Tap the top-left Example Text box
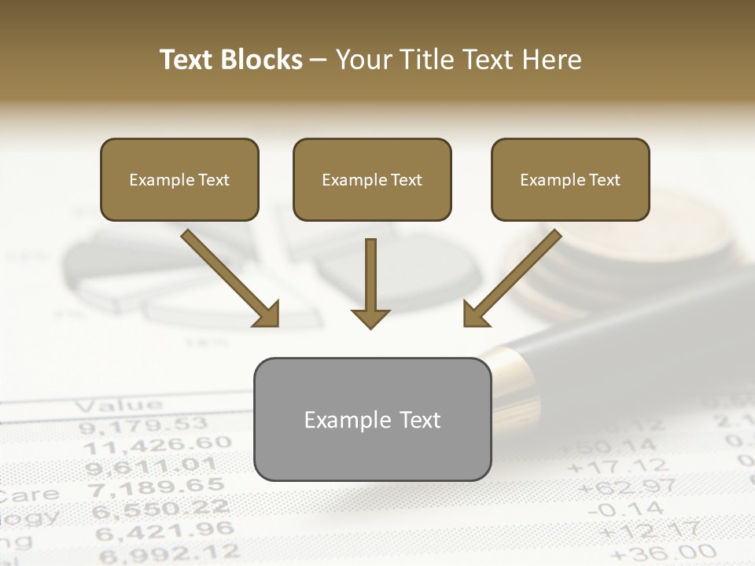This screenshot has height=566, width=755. (x=179, y=180)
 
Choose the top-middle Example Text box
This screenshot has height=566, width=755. (x=372, y=180)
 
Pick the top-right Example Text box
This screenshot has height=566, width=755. (x=570, y=180)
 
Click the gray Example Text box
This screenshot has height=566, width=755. (x=372, y=420)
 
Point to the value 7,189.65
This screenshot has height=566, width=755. (x=154, y=488)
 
